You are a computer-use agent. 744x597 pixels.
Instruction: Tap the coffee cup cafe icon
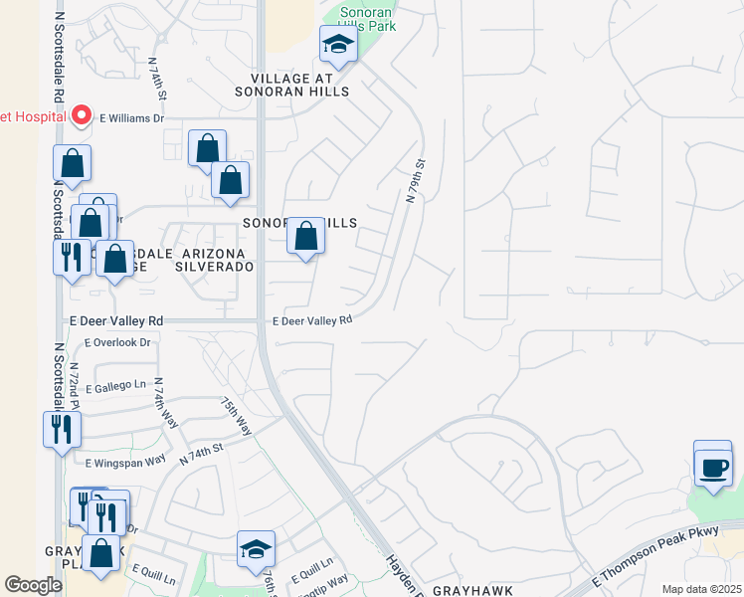pos(712,466)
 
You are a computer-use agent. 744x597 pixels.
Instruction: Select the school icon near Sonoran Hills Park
pos(338,44)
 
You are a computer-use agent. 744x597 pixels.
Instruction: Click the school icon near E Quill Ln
pos(256,549)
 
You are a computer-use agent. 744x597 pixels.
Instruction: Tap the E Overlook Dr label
pos(117,342)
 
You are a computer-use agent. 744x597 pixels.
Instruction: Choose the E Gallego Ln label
pos(116,385)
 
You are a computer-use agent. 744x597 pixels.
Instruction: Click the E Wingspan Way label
pos(125,462)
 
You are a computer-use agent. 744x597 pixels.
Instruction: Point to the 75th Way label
pos(236,416)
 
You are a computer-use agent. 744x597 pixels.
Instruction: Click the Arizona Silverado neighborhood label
pos(214,260)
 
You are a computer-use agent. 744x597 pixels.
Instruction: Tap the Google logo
pos(33,585)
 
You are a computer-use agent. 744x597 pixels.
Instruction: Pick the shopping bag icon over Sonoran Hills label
pos(306,237)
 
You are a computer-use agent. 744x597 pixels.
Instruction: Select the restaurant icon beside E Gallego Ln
pos(62,430)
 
